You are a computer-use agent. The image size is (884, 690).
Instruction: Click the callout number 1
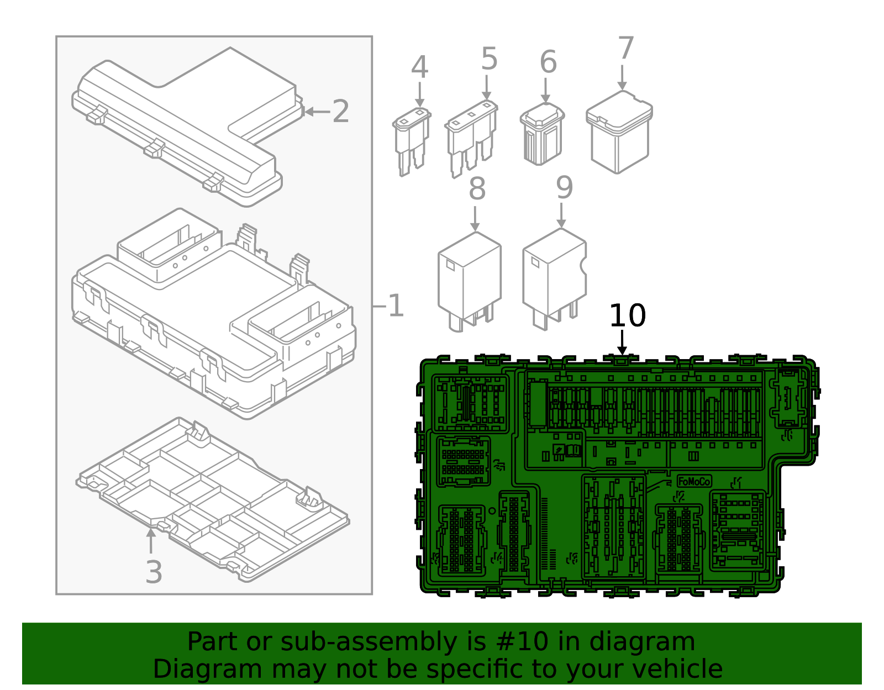[x=396, y=306]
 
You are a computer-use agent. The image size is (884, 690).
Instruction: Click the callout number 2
[x=340, y=112]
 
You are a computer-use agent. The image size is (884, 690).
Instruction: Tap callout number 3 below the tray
[x=154, y=572]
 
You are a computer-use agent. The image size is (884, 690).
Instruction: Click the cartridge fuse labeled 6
[x=542, y=134]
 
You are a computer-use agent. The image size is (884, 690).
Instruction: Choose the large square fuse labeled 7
[x=619, y=133]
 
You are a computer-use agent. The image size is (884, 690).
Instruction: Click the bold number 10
[x=627, y=316]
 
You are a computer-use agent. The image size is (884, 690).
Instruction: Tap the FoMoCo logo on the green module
[x=694, y=481]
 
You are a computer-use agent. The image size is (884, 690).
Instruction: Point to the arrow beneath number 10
[x=622, y=343]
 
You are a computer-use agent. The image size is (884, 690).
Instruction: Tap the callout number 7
[x=625, y=49]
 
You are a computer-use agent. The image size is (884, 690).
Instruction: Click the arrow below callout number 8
[x=475, y=219]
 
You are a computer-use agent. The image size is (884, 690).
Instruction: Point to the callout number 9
[x=564, y=188]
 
